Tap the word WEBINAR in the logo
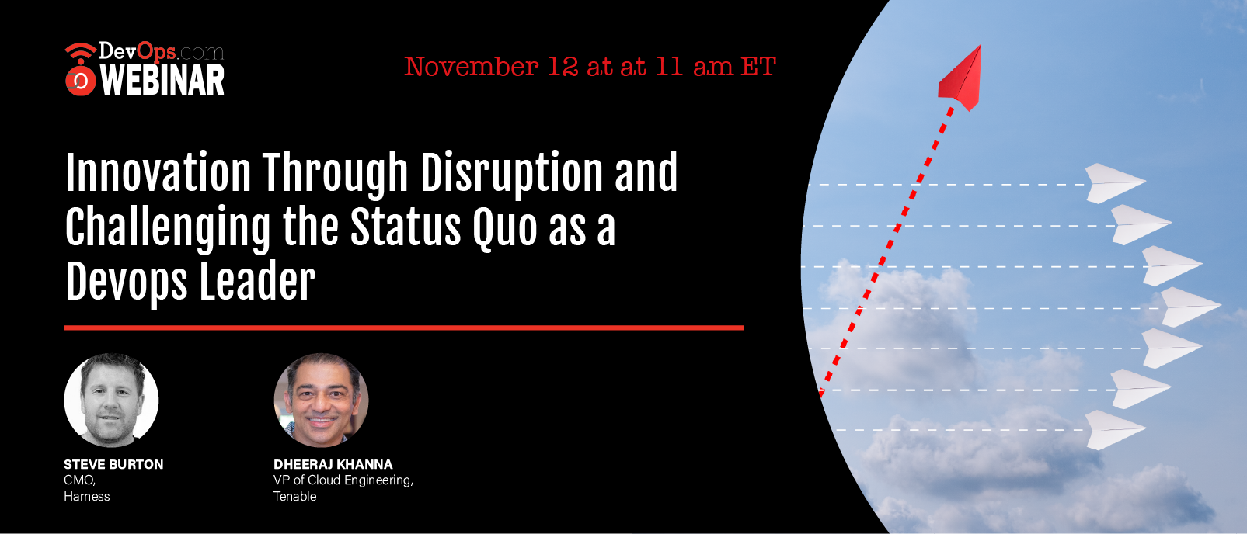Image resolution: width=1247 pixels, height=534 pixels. [x=162, y=80]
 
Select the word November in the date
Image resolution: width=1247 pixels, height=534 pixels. [x=471, y=67]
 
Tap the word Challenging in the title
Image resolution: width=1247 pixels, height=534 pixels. [x=168, y=229]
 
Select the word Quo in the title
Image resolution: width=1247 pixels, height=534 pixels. [x=505, y=227]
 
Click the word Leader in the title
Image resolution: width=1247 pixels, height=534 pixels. [x=257, y=282]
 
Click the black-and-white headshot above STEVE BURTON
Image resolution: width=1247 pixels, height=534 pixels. [x=111, y=400]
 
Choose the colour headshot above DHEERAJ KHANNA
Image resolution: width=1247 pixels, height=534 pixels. [x=321, y=400]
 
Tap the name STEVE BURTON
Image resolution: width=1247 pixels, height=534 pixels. [x=113, y=464]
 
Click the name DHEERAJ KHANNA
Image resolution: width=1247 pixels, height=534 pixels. [x=333, y=464]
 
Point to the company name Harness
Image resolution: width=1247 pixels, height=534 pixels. [x=87, y=496]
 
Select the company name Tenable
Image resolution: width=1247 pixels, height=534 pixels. [x=295, y=496]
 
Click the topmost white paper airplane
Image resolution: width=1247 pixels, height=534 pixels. [x=1114, y=183]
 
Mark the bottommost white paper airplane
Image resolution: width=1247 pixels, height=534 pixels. [x=1114, y=430]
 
